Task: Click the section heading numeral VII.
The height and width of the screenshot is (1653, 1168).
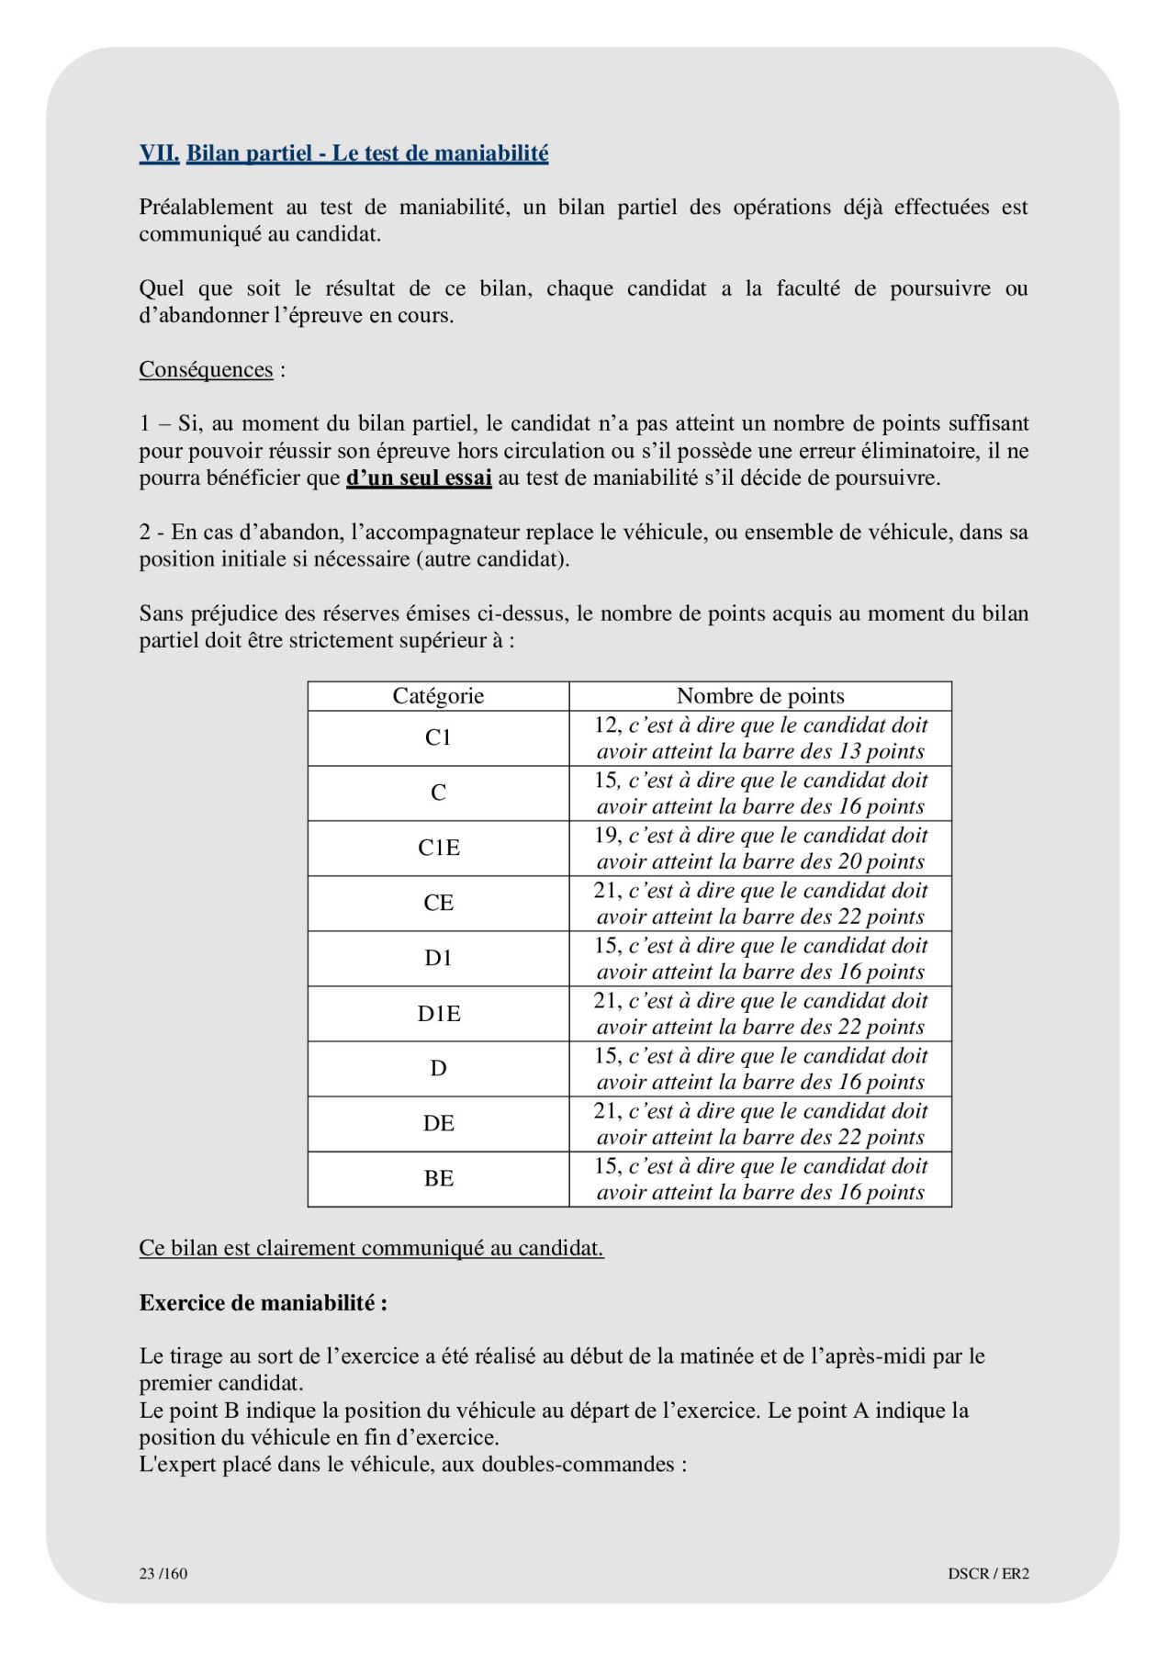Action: (x=159, y=153)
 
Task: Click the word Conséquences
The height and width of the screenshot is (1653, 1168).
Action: (x=206, y=369)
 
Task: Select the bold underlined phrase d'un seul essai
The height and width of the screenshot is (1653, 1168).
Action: (x=419, y=478)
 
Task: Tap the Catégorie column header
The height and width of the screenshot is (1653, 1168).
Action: (x=438, y=696)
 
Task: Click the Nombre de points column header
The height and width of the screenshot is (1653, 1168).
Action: (x=760, y=696)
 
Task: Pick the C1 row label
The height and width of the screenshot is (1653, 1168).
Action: (x=438, y=737)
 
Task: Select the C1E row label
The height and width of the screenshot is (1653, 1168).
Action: (x=438, y=848)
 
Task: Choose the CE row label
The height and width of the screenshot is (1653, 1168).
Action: (x=438, y=903)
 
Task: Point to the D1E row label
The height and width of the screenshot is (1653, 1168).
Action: (x=438, y=1014)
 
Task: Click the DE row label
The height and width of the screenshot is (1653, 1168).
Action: (x=438, y=1123)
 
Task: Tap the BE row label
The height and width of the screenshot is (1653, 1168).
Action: (x=438, y=1178)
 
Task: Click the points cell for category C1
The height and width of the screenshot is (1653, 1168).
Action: (x=760, y=737)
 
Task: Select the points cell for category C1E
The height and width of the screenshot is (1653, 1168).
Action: (x=760, y=848)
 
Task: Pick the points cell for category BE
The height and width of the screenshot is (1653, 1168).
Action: (x=760, y=1178)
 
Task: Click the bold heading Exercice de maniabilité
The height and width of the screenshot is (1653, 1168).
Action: (x=263, y=1302)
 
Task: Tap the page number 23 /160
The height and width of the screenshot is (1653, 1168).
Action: (x=163, y=1573)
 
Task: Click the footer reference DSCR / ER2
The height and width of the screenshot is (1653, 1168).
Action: (x=988, y=1573)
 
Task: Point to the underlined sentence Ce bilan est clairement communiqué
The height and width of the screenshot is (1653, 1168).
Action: (x=371, y=1248)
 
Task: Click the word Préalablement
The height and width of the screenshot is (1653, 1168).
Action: (x=206, y=208)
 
